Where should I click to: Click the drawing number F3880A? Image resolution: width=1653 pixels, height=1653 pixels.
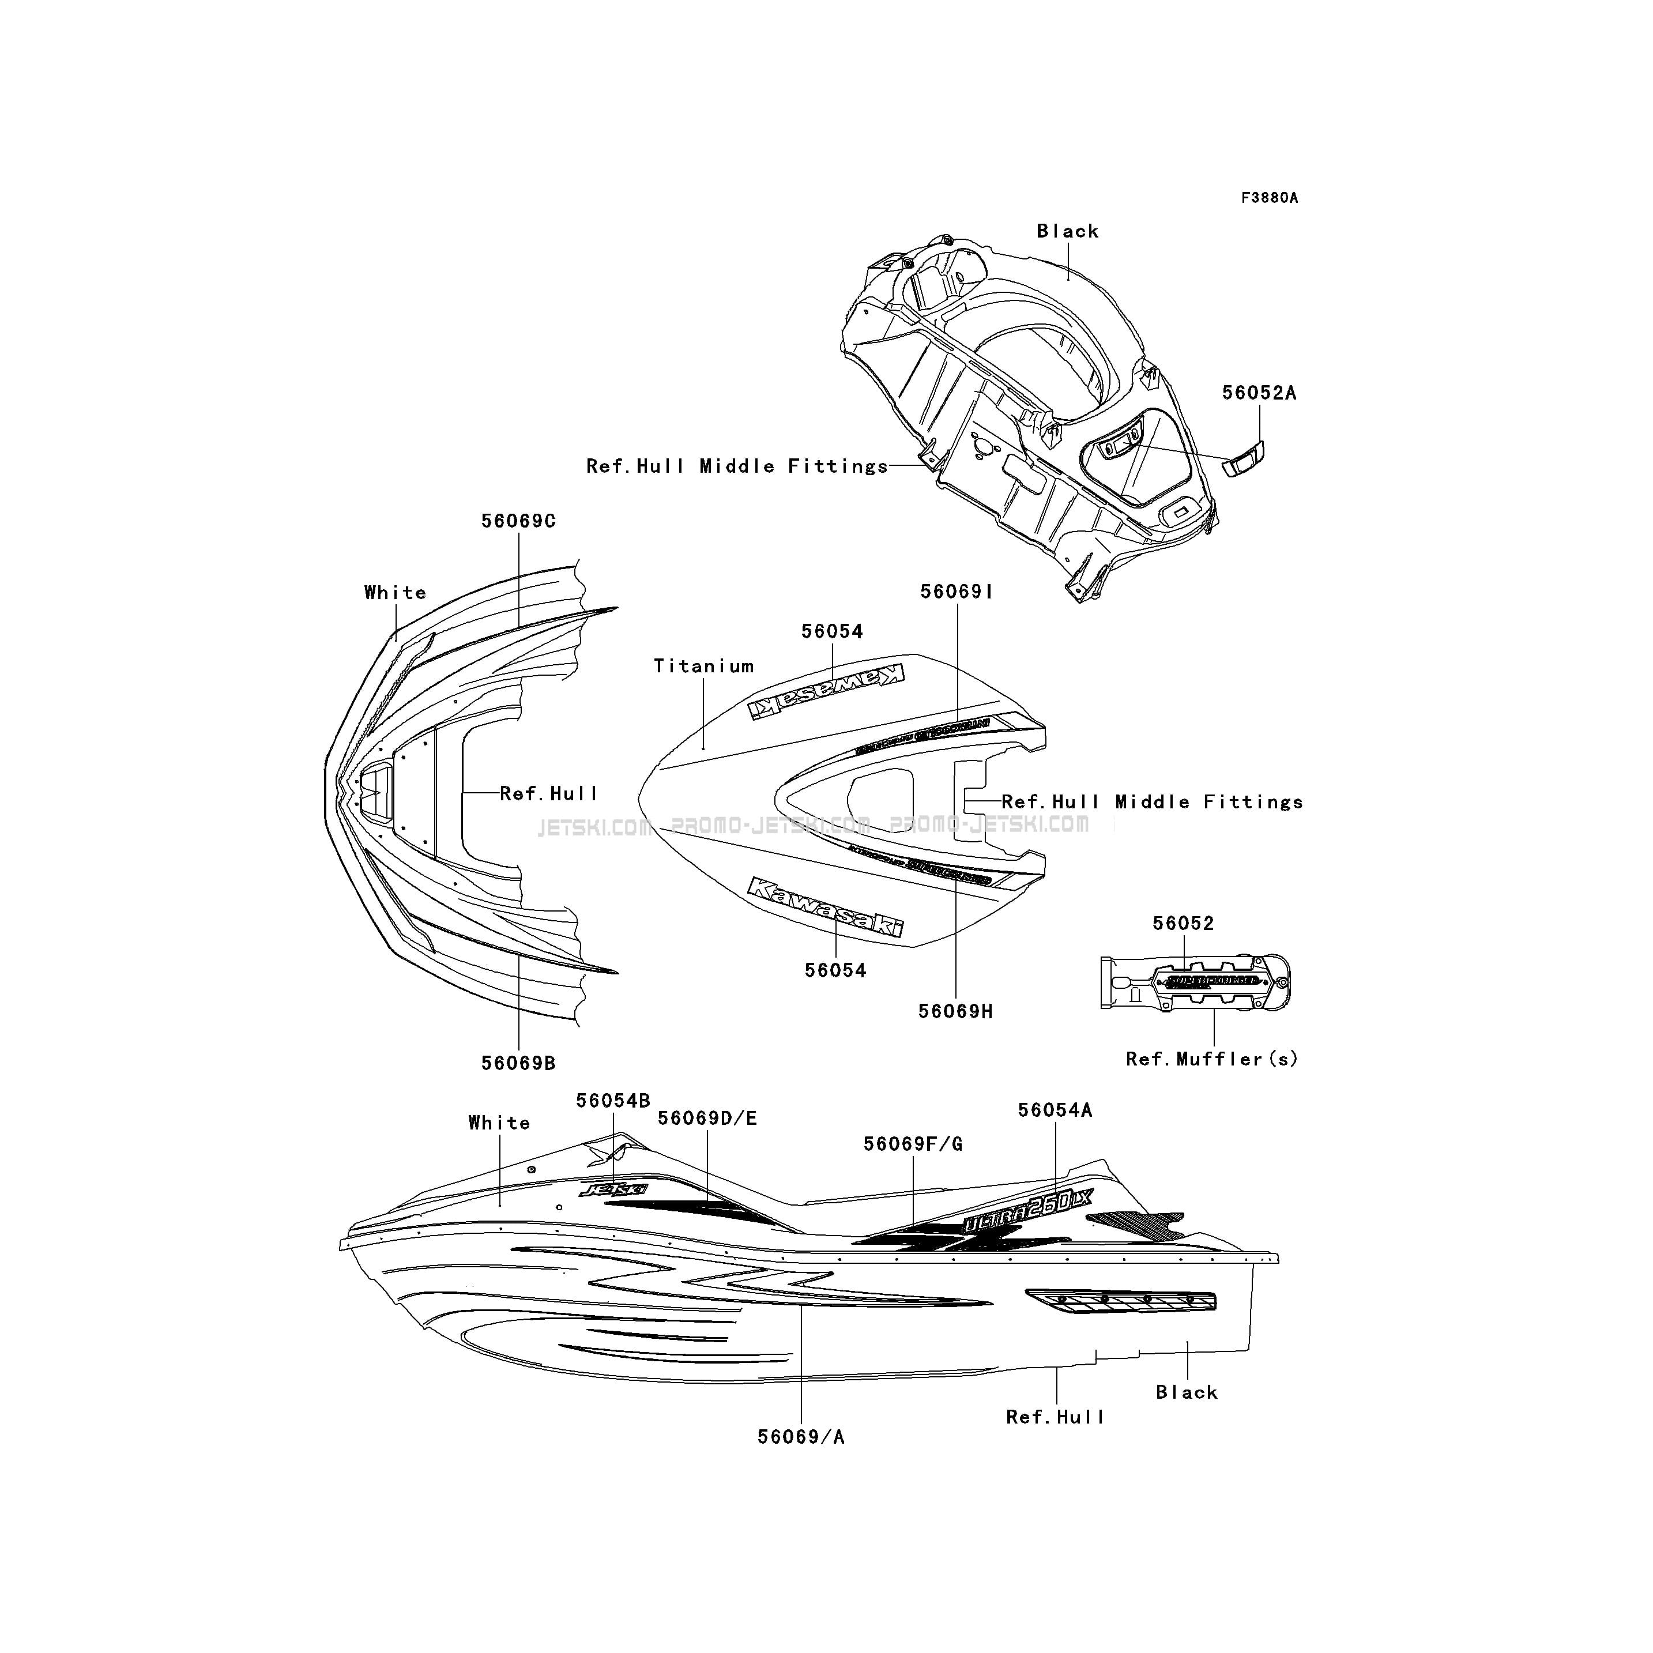tap(1269, 198)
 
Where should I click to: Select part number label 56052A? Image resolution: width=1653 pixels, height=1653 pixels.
tap(1259, 393)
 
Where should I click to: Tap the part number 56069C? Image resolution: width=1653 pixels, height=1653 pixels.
tap(518, 521)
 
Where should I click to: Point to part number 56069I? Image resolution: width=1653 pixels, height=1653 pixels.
tap(957, 591)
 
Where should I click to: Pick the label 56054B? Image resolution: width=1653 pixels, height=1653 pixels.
tap(613, 1101)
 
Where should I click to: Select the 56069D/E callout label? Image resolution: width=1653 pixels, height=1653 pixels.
tap(707, 1119)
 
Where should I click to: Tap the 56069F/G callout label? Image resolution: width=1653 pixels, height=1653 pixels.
tap(912, 1144)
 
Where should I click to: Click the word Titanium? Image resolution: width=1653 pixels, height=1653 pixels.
tap(703, 666)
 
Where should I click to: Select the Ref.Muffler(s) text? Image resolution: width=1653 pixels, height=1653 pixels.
tap(1211, 1059)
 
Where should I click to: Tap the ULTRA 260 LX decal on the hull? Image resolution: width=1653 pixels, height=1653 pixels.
tap(1027, 1213)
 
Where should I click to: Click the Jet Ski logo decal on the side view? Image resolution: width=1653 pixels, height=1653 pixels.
tap(613, 1189)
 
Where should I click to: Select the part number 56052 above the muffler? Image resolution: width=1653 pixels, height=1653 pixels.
tap(1183, 923)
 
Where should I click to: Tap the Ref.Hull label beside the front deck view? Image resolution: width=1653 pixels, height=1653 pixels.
tap(548, 793)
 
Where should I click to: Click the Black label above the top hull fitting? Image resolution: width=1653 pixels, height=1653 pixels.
tap(1067, 231)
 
